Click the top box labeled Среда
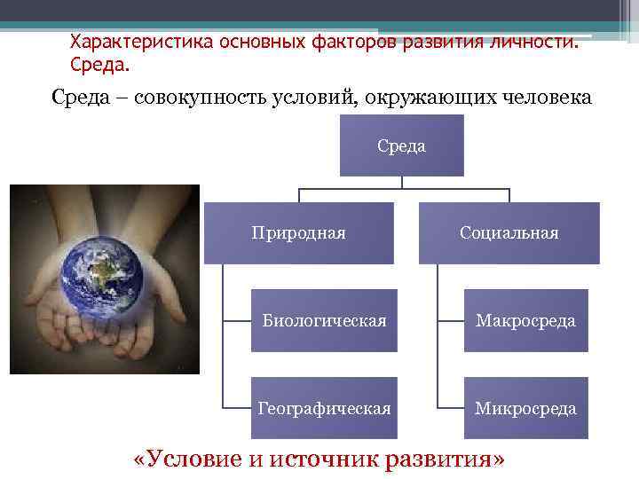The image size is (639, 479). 401,145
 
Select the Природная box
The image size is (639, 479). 299,233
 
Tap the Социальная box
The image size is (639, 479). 509,233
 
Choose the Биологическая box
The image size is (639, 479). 324,320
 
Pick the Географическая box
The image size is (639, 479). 324,408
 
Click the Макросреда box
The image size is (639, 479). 525,320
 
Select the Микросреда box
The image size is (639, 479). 525,408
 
